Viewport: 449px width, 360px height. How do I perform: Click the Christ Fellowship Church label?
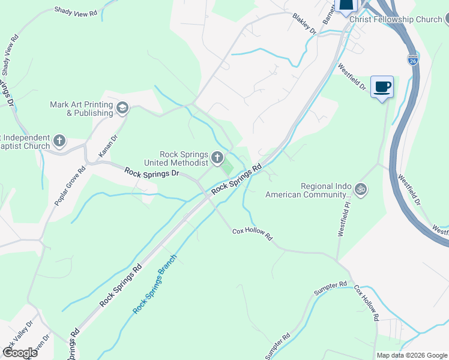point(396,20)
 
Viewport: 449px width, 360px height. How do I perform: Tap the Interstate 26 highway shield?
point(412,61)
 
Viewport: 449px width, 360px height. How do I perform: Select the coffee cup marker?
point(382,88)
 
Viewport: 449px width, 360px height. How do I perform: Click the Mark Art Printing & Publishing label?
point(81,109)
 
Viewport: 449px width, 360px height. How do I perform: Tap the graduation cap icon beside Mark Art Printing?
point(123,108)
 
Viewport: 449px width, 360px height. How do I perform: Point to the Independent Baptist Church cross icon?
point(59,142)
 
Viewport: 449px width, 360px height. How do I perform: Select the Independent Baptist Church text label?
point(24,142)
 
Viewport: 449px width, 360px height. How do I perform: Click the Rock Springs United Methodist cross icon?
point(217,158)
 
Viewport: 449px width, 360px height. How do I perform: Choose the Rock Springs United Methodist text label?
point(175,158)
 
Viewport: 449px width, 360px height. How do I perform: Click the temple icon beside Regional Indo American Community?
point(361,190)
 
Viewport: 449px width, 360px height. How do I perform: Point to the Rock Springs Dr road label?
point(152,173)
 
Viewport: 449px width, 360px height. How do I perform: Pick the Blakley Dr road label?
point(304,23)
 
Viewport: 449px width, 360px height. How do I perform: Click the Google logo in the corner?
point(20,353)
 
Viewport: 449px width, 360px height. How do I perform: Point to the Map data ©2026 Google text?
point(411,355)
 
